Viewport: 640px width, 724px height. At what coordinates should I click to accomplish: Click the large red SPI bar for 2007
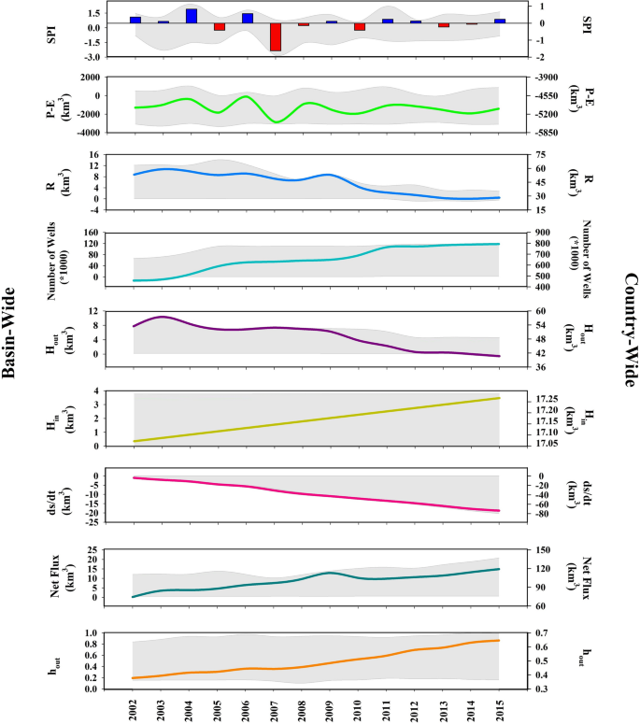[276, 36]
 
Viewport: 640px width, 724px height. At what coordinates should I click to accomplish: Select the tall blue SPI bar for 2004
[192, 16]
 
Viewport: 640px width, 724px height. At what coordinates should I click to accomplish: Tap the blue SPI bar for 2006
[248, 18]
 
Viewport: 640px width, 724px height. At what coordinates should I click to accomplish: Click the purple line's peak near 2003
[163, 317]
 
